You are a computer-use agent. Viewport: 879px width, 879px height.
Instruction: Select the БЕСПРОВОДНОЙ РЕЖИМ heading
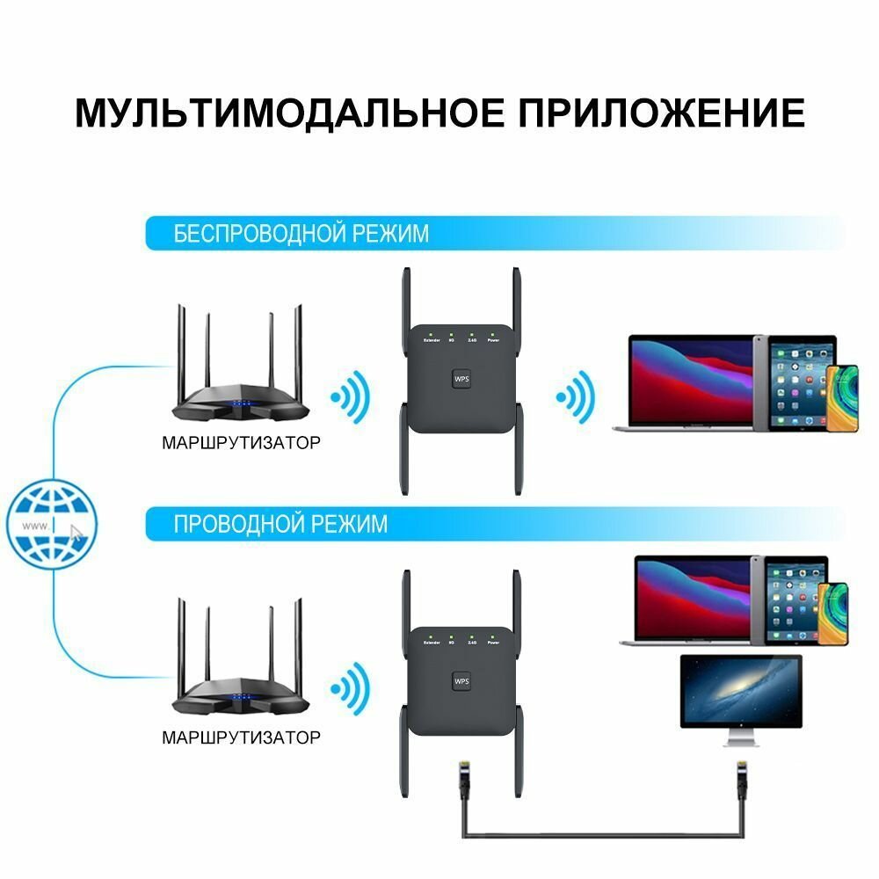click(301, 233)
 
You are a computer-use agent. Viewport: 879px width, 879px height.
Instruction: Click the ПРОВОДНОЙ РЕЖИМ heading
click(280, 524)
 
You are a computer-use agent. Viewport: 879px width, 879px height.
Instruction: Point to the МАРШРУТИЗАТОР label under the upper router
click(241, 443)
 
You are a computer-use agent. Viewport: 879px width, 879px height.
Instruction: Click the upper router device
click(240, 387)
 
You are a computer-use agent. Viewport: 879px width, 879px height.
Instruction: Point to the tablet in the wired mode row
click(794, 601)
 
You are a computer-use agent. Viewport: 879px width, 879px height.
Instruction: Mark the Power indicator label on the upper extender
click(494, 340)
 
